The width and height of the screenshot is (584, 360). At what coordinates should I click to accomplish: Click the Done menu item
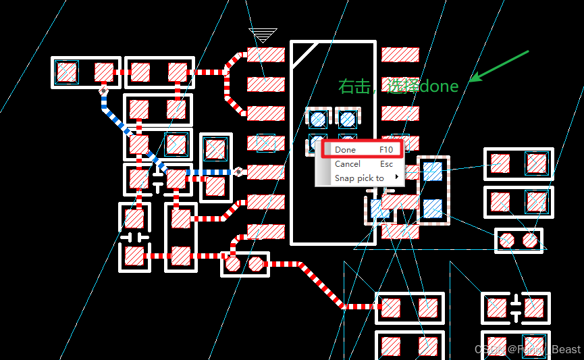346,150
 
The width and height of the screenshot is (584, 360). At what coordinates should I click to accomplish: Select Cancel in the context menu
348,164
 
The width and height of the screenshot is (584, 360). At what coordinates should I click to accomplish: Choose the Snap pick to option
359,178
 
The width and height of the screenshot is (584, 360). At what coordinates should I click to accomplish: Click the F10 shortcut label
386,150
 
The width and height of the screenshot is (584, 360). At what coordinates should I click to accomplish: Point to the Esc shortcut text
386,164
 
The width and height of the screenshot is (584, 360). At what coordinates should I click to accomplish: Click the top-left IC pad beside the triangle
265,55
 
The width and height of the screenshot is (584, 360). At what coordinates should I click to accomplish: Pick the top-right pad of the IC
400,55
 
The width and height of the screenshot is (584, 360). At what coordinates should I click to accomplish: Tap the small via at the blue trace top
104,90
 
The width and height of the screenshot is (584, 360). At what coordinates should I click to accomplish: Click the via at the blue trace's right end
238,172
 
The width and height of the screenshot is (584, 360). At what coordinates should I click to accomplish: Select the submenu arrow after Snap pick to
396,178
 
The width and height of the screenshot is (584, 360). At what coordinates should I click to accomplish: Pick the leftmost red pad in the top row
66,72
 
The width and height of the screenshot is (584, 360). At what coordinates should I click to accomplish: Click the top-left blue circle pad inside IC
318,120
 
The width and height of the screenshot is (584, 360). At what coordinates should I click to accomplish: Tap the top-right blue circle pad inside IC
347,120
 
